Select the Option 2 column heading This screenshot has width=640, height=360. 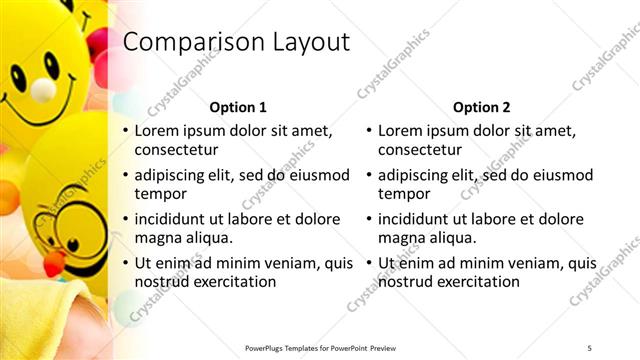(482, 107)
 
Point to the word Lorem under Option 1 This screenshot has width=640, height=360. (157, 130)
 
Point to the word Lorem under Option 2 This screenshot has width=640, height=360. (401, 130)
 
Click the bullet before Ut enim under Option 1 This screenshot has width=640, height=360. (125, 263)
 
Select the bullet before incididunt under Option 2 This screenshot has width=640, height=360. (369, 218)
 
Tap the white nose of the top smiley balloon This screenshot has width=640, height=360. (42, 90)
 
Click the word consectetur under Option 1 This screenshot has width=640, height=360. (176, 150)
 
